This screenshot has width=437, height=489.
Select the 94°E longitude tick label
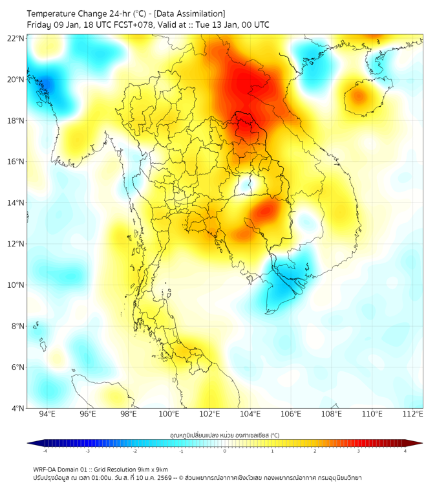47,414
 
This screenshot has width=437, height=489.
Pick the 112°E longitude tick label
412,414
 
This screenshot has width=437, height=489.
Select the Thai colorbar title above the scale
224,435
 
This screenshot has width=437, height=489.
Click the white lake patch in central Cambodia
244,186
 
